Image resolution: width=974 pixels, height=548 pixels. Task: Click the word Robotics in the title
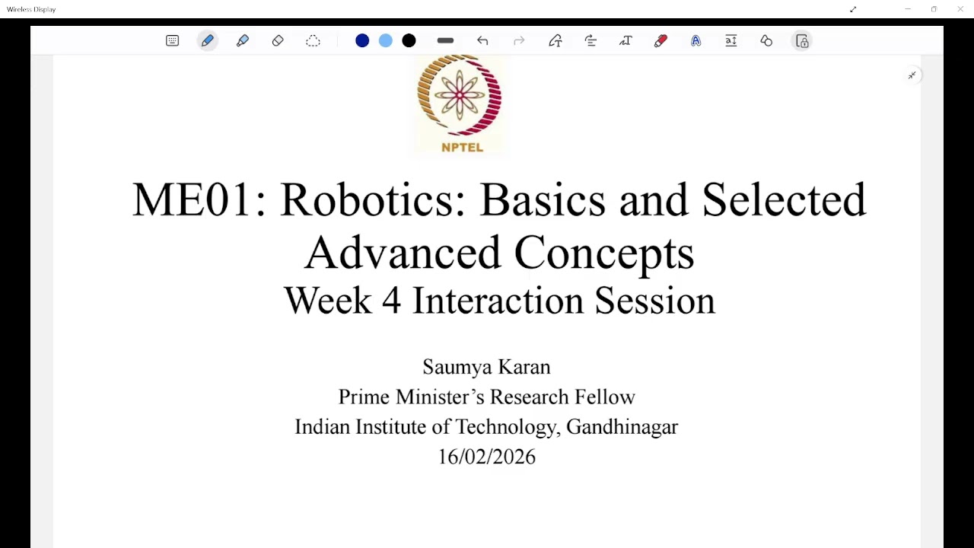pyautogui.click(x=372, y=200)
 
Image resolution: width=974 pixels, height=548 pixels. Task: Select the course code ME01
pyautogui.click(x=191, y=200)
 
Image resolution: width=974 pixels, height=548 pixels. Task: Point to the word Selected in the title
pyautogui.click(x=784, y=200)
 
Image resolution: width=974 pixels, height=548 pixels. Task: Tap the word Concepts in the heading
pyautogui.click(x=604, y=253)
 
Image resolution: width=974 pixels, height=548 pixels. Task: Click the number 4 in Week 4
pyautogui.click(x=391, y=301)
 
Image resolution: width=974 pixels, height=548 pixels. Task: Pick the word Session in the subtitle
pyautogui.click(x=654, y=301)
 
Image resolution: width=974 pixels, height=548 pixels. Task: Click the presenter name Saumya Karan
pyautogui.click(x=486, y=367)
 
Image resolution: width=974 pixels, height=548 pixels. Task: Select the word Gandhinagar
pyautogui.click(x=622, y=427)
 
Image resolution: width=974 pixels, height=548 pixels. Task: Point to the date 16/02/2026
pyautogui.click(x=486, y=457)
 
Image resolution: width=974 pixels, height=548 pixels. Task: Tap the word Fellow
pyautogui.click(x=605, y=397)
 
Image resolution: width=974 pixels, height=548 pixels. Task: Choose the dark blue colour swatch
pyautogui.click(x=362, y=41)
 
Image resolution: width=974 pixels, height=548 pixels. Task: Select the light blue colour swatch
pyautogui.click(x=386, y=41)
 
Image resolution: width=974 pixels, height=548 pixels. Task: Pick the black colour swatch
pyautogui.click(x=409, y=41)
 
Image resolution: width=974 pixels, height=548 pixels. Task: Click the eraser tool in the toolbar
pyautogui.click(x=278, y=41)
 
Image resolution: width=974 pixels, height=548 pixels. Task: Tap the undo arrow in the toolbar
pyautogui.click(x=482, y=41)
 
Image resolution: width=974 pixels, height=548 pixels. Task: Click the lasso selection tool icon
pyautogui.click(x=313, y=41)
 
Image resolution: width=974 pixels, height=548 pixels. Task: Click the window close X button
pyautogui.click(x=960, y=9)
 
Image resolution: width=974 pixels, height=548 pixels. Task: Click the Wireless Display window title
pyautogui.click(x=31, y=9)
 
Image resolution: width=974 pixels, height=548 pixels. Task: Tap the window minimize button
pyautogui.click(x=908, y=9)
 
